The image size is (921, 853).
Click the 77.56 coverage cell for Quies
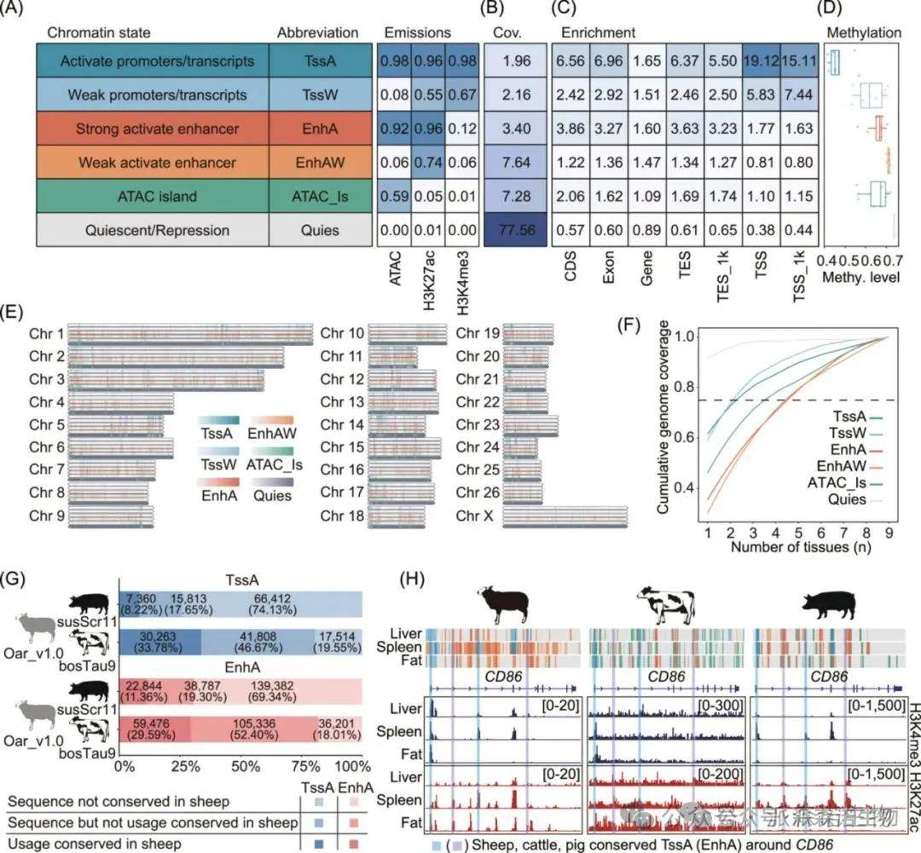coord(513,229)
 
